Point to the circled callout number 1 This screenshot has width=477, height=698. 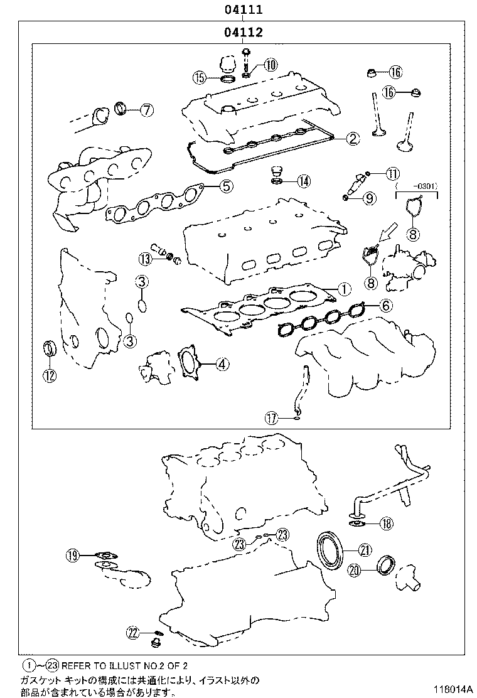[x=343, y=289]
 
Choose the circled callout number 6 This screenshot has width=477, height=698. [x=385, y=306]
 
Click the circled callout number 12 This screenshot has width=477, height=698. [x=49, y=375]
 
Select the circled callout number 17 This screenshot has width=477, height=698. [x=271, y=417]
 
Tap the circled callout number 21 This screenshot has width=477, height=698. [x=365, y=550]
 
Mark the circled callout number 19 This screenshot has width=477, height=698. [x=73, y=554]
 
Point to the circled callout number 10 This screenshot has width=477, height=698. [x=271, y=64]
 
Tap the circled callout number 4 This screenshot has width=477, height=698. [x=222, y=364]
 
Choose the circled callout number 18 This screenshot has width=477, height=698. [x=386, y=523]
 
